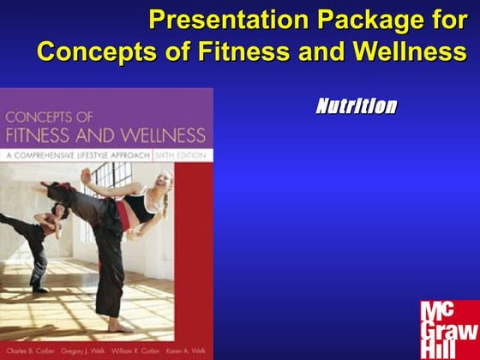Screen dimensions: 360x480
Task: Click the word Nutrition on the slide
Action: point(356,107)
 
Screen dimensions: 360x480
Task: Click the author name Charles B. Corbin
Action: point(28,351)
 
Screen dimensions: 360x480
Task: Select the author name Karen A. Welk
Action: point(186,351)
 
